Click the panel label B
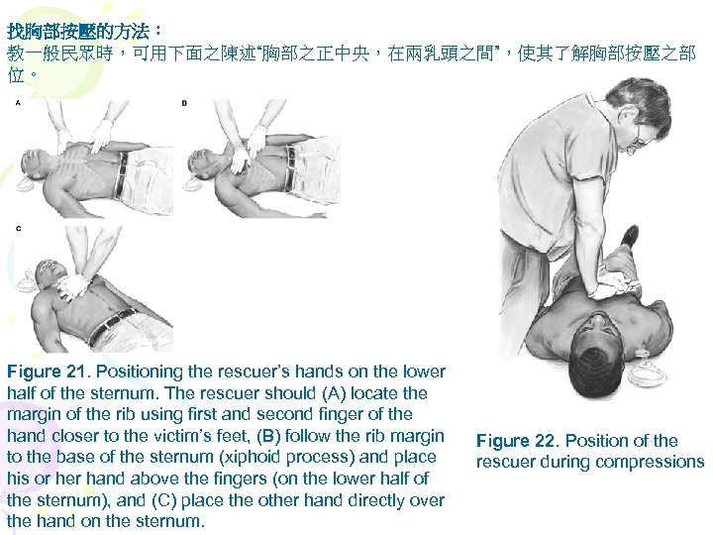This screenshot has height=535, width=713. coord(184,103)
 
